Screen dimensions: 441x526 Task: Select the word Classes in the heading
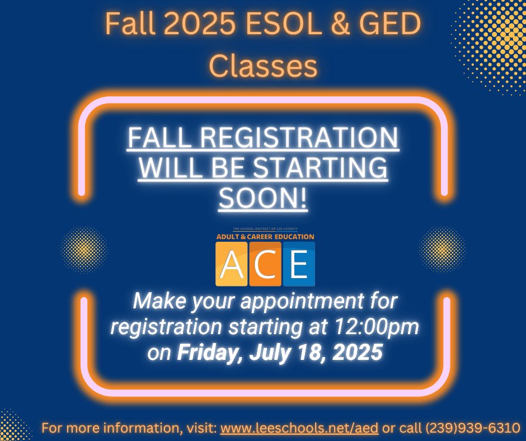pos(263,65)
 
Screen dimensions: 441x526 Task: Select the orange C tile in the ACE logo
pos(265,264)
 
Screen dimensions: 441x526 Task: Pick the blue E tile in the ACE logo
pos(298,264)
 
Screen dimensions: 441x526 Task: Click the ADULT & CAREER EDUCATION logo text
pos(265,237)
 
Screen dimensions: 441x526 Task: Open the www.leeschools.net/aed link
pos(300,429)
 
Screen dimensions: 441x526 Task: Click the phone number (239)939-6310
pos(473,429)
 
